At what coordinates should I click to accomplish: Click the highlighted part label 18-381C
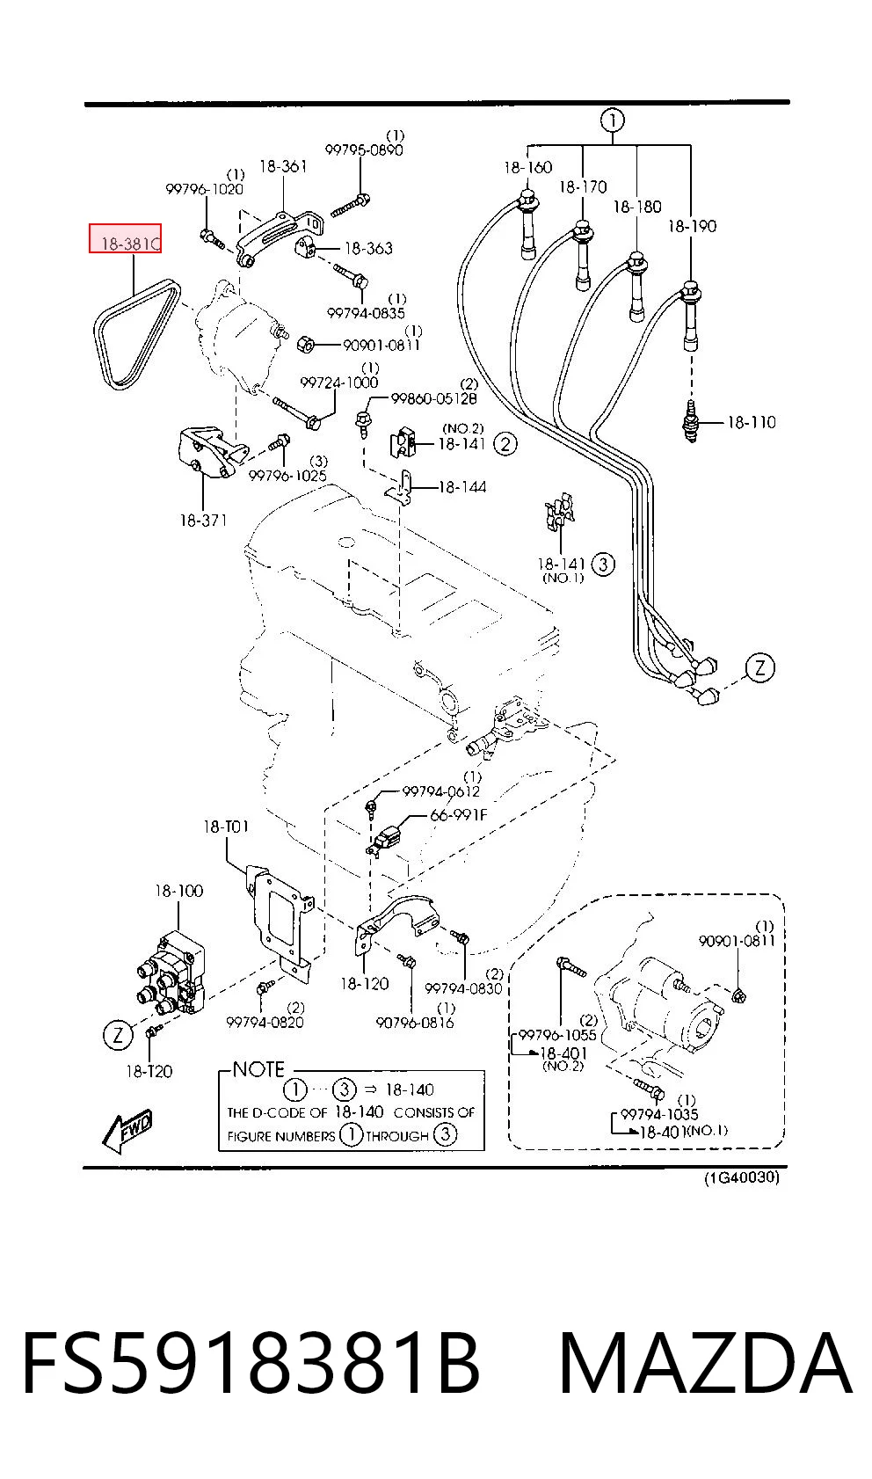tap(130, 244)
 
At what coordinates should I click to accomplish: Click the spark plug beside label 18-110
tap(690, 420)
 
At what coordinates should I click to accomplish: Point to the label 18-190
tap(692, 227)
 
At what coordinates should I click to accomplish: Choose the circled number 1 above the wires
tap(613, 120)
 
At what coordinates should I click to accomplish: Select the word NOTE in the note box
tap(258, 1069)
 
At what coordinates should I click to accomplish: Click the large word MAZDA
tap(706, 1365)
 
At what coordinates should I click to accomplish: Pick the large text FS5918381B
tap(251, 1365)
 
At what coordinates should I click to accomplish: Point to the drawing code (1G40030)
tap(741, 1178)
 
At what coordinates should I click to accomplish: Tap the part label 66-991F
tap(458, 815)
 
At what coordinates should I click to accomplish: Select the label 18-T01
tap(226, 827)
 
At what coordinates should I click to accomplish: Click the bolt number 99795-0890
tap(364, 149)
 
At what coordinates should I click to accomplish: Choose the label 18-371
tap(203, 521)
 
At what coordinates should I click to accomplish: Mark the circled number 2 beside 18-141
tap(505, 444)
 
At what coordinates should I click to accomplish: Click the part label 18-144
tap(462, 487)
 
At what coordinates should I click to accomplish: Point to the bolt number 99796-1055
tap(557, 1035)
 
